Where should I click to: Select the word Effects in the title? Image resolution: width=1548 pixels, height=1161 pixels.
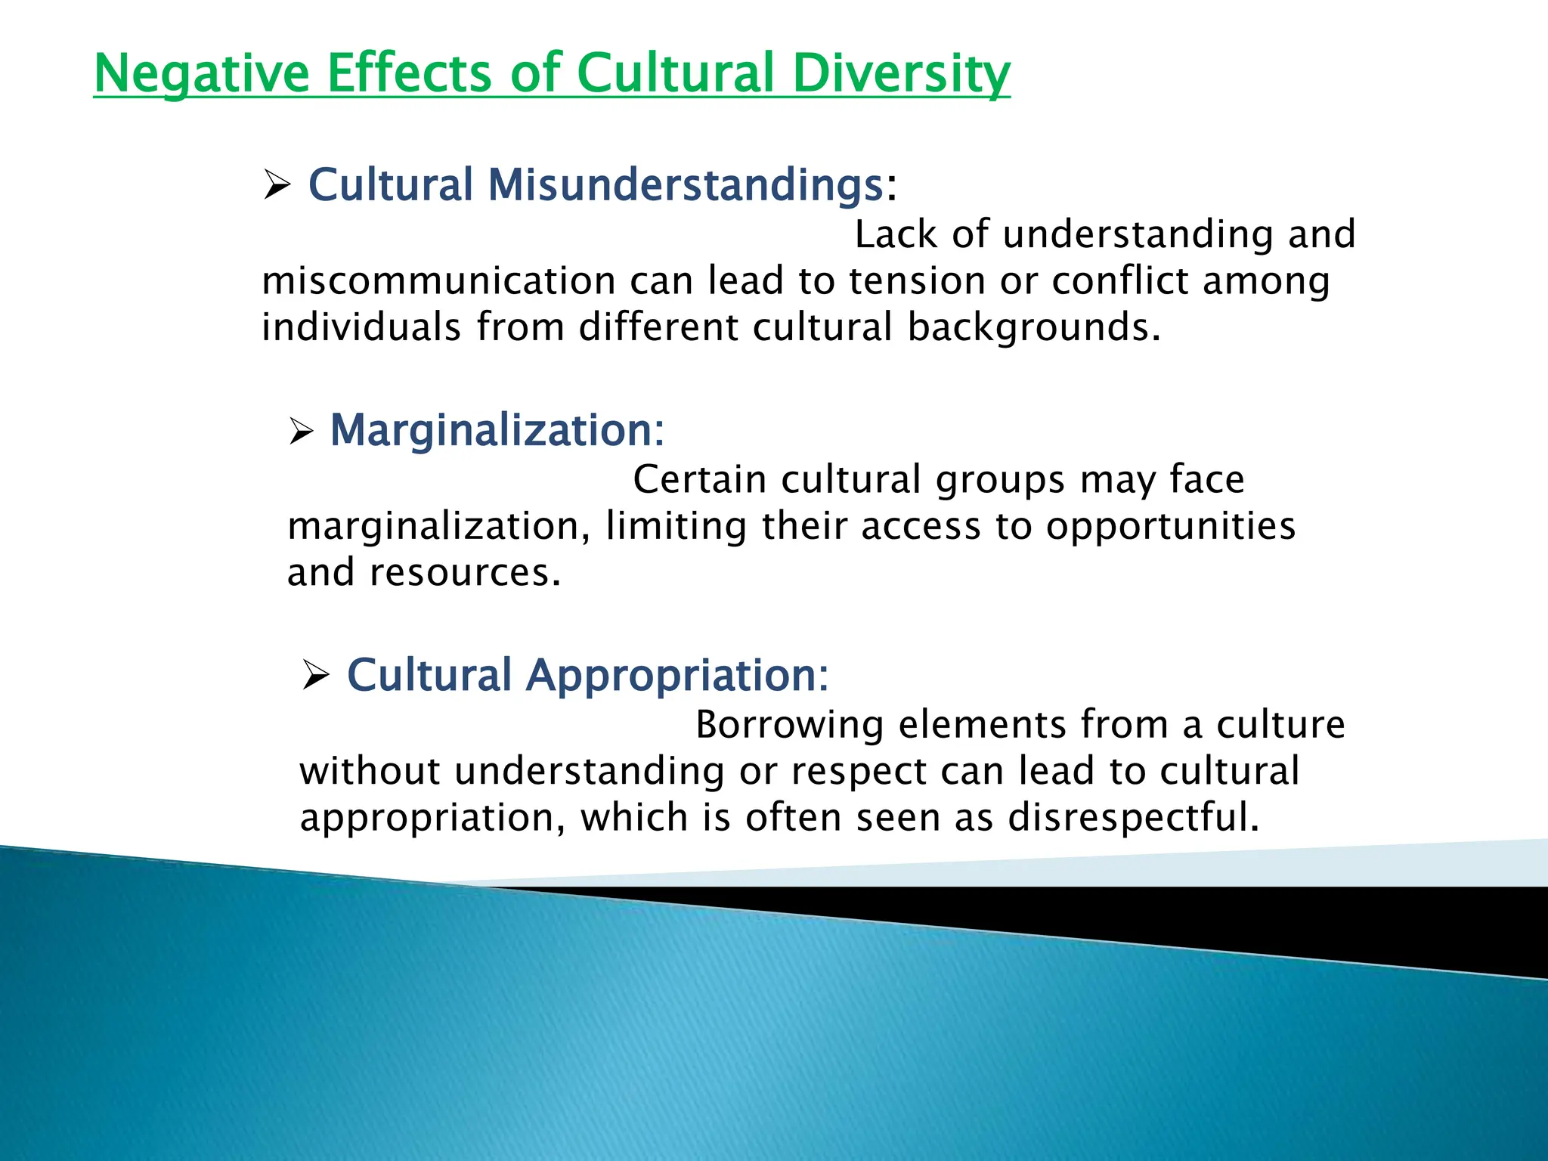click(409, 73)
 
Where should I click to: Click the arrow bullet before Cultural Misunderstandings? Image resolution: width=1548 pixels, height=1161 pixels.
click(277, 185)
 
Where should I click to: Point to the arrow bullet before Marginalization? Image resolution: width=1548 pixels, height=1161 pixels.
click(301, 432)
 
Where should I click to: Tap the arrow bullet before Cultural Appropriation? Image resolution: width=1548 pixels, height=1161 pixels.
click(315, 674)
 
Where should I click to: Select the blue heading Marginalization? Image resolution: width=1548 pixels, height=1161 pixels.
click(497, 430)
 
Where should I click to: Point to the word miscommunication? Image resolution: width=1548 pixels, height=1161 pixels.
click(438, 281)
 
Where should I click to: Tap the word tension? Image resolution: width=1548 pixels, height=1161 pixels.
click(916, 281)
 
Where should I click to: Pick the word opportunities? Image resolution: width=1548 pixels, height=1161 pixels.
click(1171, 527)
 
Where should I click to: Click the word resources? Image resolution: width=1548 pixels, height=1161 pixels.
click(464, 573)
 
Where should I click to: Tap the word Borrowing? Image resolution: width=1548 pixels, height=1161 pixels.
click(789, 725)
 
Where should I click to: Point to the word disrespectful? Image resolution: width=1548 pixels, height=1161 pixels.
click(1134, 818)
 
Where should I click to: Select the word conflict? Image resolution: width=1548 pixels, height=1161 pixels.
click(1120, 281)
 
